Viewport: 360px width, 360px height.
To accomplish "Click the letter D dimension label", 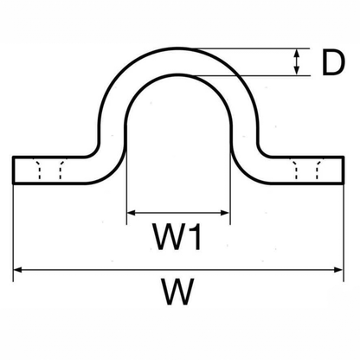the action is coord(333,63).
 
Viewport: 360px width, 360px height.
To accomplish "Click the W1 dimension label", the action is coord(177,236).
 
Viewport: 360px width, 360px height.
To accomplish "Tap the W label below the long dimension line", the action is coord(178,292).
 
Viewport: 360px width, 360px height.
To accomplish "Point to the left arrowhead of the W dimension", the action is coord(18,270).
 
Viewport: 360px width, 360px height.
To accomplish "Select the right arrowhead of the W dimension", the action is coord(338,270).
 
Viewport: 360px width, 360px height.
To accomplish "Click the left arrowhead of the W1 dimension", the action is coord(132,213).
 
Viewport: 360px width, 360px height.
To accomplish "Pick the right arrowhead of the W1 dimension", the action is coord(225,213).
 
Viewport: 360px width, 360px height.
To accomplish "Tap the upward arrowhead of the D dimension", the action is coord(297,54).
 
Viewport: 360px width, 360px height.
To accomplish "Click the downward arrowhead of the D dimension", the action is coord(297,71).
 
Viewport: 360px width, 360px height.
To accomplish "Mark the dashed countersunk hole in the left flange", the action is coord(49,169).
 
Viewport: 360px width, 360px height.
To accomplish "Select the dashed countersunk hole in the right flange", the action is coord(306,169).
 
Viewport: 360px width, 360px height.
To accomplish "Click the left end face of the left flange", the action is coord(13,170).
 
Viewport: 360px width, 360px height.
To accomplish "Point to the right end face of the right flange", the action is coord(343,170).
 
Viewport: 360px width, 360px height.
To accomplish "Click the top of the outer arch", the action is coord(178,48).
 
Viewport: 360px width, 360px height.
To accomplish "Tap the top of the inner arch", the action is coord(178,74).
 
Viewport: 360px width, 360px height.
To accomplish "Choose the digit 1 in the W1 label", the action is coord(195,236).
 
